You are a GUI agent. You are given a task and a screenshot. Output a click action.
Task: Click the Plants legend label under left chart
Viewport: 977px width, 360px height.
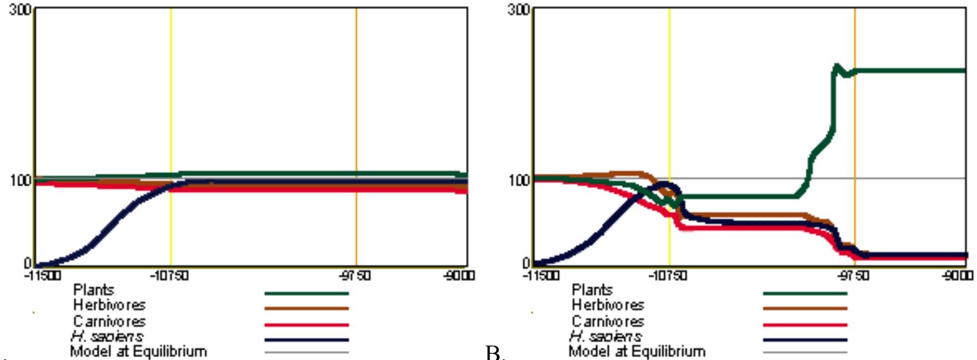pos(94,290)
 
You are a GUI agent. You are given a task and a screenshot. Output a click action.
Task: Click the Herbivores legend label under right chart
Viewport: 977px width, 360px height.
pos(608,305)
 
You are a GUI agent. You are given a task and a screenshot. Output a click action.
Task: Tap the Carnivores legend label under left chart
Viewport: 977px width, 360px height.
pos(109,321)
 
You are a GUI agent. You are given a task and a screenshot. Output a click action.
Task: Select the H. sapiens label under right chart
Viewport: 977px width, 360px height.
pos(605,336)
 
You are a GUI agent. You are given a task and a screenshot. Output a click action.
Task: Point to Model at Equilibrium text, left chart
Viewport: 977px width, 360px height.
pos(138,352)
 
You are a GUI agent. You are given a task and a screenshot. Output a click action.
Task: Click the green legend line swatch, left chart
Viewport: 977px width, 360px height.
pos(306,293)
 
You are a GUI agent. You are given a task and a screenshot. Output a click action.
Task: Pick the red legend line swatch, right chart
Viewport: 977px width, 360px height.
pos(804,325)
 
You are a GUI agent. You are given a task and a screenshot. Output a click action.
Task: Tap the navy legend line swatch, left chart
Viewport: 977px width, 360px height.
pos(306,340)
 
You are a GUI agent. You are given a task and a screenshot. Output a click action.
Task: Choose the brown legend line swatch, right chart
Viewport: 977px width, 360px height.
pos(804,308)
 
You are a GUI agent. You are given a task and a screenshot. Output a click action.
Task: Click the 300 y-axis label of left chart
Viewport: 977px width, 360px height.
pos(20,10)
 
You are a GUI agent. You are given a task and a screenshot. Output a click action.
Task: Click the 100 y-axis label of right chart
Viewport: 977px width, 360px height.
pos(519,181)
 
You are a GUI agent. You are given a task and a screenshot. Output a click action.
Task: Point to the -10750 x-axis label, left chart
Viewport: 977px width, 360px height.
pos(169,276)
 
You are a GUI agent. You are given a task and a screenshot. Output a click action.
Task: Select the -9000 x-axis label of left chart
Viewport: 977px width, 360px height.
pos(459,276)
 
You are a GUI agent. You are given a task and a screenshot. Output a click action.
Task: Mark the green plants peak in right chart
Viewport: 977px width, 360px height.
pos(837,66)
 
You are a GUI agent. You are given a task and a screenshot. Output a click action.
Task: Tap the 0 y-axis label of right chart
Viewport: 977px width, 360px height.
pos(526,263)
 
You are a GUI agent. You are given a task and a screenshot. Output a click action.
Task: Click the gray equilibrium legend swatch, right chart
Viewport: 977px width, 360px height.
pos(804,352)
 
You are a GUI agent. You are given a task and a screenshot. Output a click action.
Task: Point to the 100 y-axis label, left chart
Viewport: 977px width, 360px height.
pos(20,181)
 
